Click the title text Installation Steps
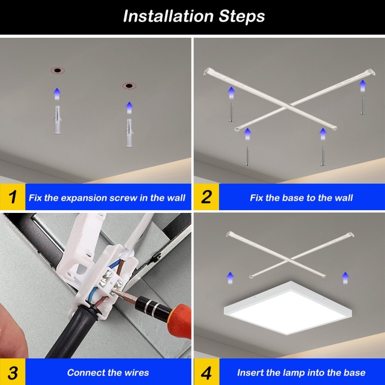pos(194,16)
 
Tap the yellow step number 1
pos(13,197)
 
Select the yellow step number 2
pos(206,197)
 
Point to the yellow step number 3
pos(13,372)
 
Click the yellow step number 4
pos(206,372)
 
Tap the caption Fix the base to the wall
pos(301,198)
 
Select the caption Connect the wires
pos(108,373)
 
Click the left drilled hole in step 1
pos(57,71)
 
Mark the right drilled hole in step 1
pos(129,86)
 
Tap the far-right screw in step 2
pos(362,106)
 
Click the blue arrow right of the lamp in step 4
pos(345,278)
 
